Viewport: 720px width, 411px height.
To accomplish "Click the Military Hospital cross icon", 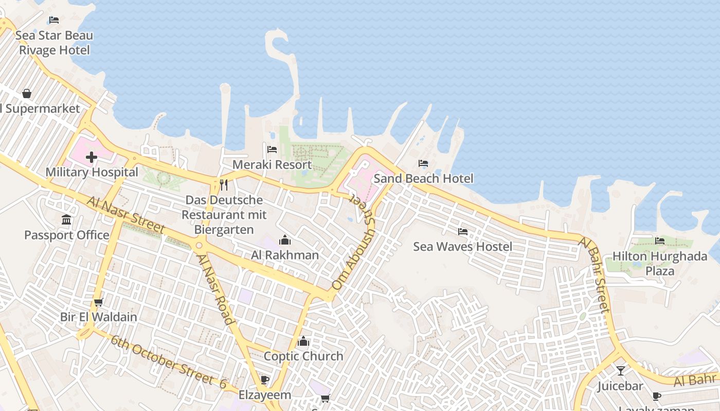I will point(92,157).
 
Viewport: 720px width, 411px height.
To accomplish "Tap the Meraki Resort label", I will point(272,165).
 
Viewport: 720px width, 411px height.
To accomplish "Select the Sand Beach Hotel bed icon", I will point(423,163).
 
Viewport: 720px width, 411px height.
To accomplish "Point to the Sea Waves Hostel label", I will point(463,247).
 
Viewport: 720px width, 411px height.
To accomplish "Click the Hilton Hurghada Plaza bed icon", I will point(660,240).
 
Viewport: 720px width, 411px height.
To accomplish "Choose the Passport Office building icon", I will point(66,220).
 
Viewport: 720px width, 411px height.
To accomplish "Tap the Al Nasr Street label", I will point(125,215).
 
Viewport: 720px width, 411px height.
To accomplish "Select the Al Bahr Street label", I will point(596,275).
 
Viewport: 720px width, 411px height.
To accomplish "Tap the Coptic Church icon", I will point(303,341).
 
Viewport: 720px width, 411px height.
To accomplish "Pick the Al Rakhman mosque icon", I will point(284,240).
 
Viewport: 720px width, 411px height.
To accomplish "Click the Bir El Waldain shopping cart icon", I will point(99,302).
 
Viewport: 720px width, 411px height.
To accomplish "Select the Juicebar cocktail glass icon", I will point(621,370).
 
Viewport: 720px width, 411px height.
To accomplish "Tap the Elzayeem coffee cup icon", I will point(265,380).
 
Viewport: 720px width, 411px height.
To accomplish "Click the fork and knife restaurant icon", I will point(224,185).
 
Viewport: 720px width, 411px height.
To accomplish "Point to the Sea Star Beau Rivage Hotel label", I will point(54,43).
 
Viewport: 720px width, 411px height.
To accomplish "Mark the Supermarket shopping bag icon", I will point(26,94).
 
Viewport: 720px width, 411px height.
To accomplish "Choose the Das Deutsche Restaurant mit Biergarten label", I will point(224,215).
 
